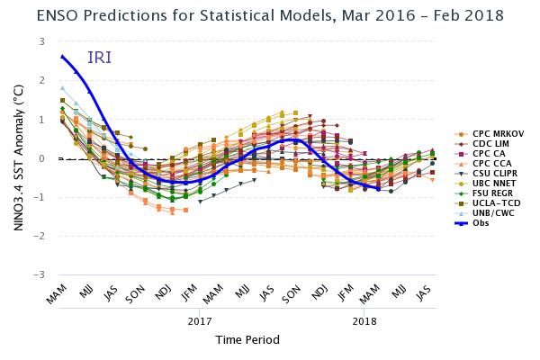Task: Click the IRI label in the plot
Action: pos(99,58)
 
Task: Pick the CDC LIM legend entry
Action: pos(488,143)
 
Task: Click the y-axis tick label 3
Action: pos(41,41)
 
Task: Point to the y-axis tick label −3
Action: pos(39,274)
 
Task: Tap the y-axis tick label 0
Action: pos(41,158)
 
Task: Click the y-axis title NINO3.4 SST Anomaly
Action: pos(19,158)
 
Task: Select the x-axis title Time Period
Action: pos(247,339)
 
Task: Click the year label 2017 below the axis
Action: pos(200,320)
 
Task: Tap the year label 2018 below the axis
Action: pos(364,320)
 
